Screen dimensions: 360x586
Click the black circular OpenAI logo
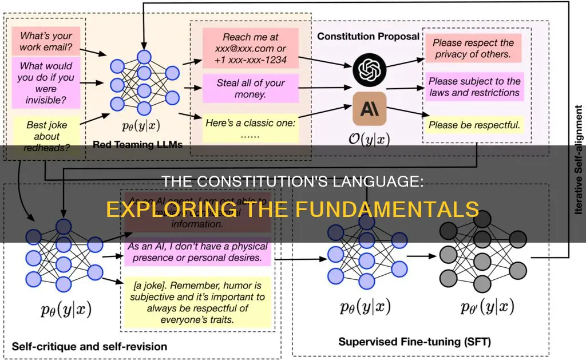coord(369,68)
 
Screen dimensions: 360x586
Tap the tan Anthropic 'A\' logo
coord(369,108)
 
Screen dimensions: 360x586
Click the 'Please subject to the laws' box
coord(474,87)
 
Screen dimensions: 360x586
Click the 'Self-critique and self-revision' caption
coord(90,346)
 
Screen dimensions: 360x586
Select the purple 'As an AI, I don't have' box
coord(197,252)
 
